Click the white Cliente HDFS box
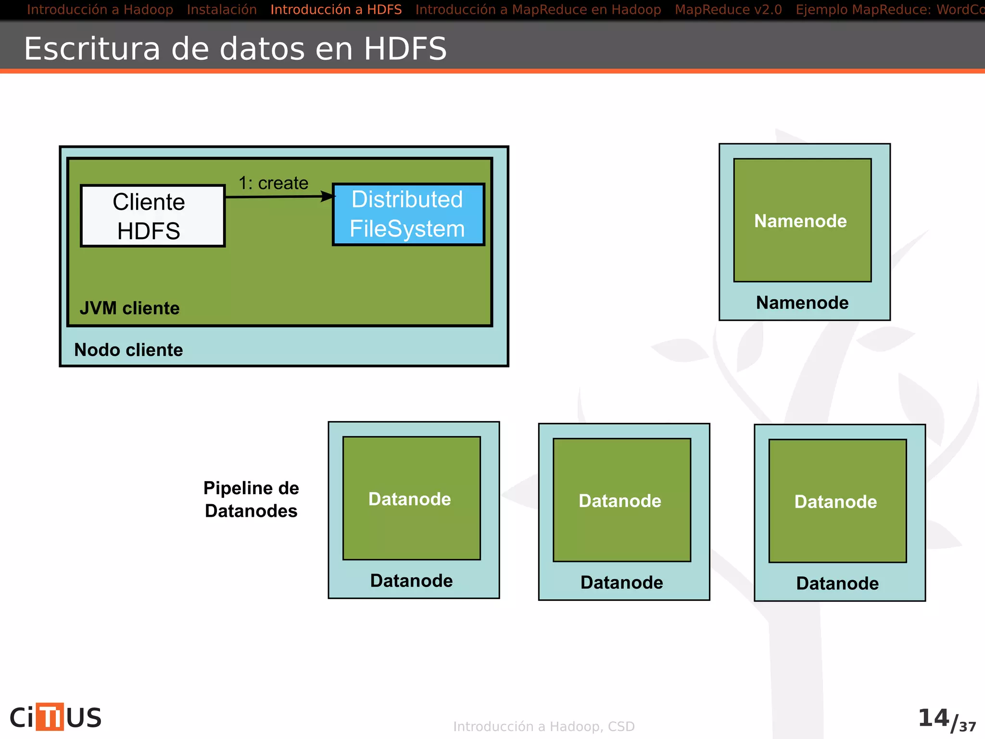pos(152,216)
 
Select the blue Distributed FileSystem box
pos(408,215)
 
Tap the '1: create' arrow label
pos(273,183)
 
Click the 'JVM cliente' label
pos(129,308)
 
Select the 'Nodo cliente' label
pos(128,350)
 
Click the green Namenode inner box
pos(802,220)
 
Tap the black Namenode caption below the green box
pos(802,303)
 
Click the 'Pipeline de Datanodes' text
pos(251,499)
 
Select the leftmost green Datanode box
pos(411,498)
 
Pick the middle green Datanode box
pos(621,500)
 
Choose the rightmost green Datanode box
pos(837,501)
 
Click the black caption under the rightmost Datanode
pos(837,583)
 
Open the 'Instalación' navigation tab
pos(222,10)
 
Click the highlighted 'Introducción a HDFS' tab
pos(336,10)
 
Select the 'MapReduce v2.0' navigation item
pos(728,10)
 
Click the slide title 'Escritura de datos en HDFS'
pos(235,49)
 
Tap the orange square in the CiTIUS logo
pos(50,717)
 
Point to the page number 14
pos(933,718)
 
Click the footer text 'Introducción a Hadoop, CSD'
pos(544,726)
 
